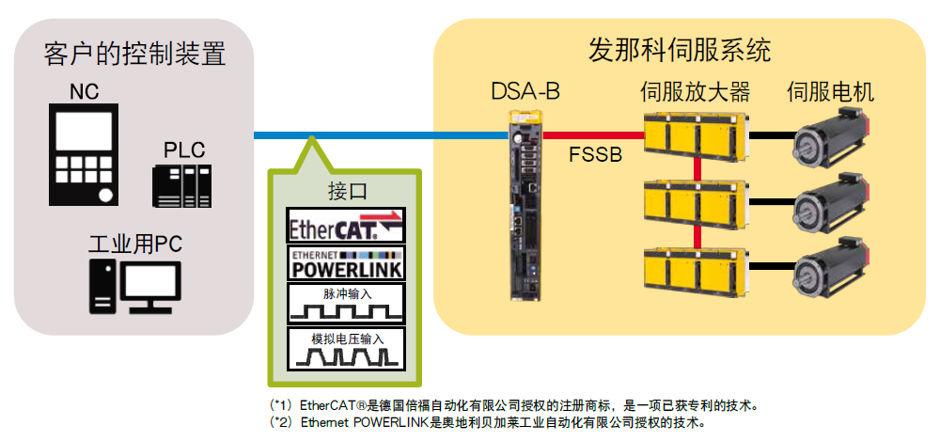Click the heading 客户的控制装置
click(135, 53)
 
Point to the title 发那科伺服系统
click(680, 48)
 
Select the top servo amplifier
click(696, 134)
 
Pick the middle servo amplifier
click(696, 201)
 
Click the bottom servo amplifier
click(696, 270)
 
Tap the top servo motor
click(832, 138)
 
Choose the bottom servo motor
click(832, 273)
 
